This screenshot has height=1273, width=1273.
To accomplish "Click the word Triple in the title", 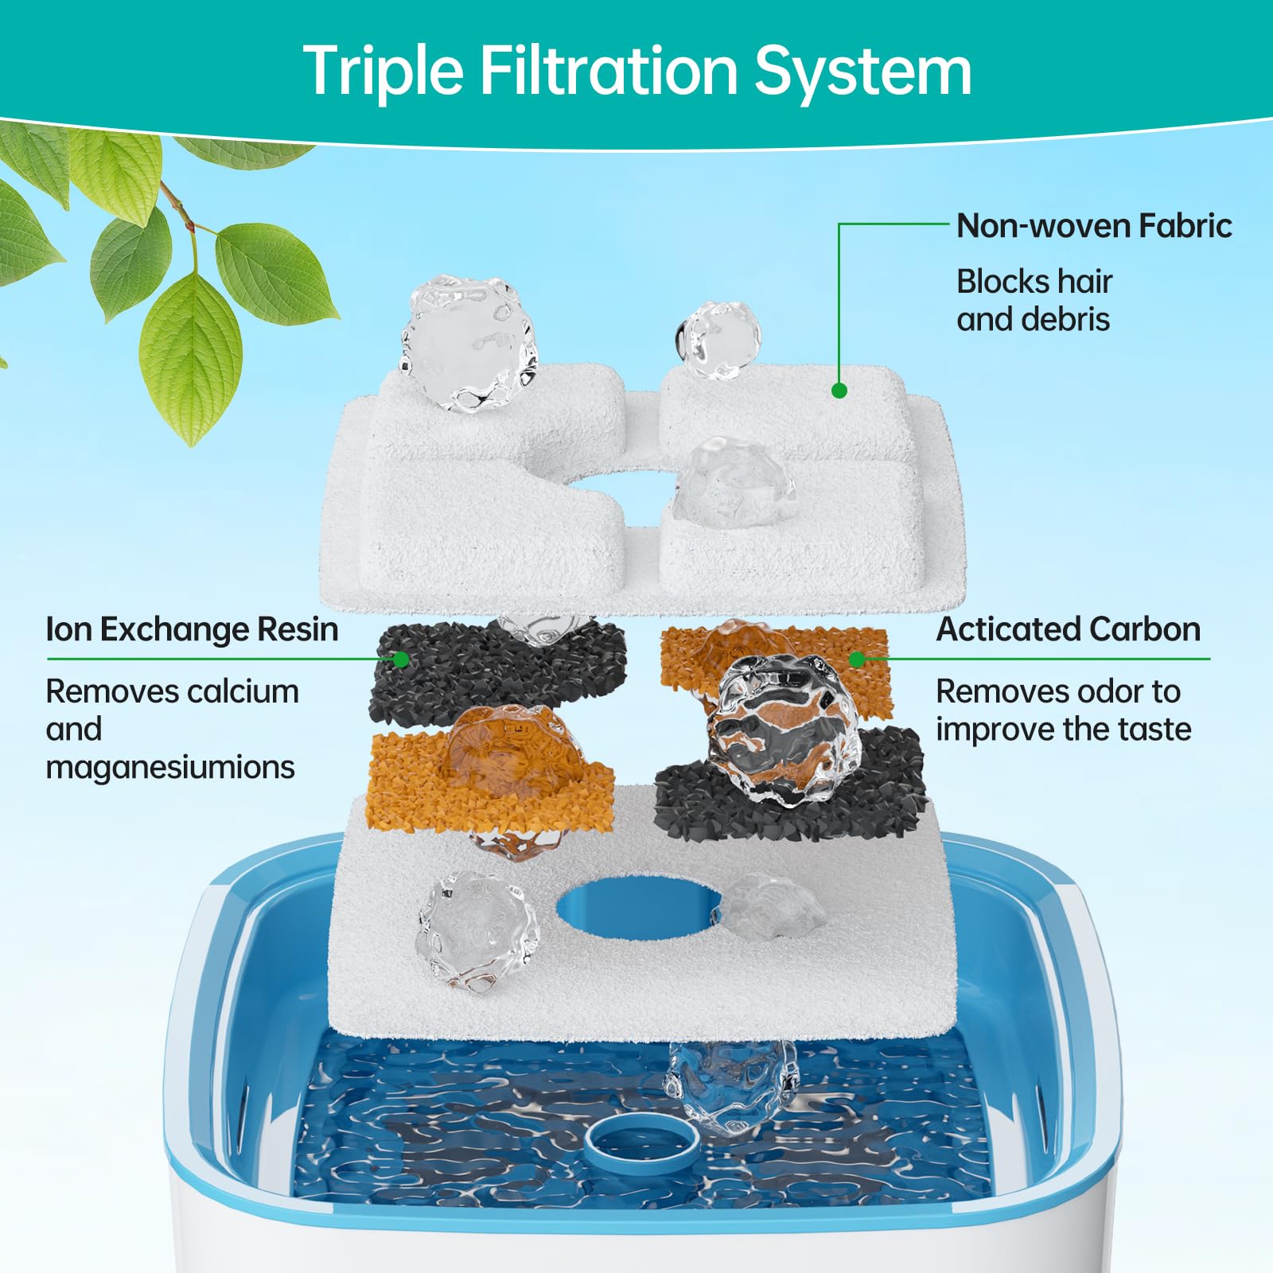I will click(x=383, y=72).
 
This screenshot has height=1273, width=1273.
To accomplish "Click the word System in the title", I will click(x=862, y=72).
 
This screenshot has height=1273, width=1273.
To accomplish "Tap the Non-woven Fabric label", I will click(x=1094, y=226).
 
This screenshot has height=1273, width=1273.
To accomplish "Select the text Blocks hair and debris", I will click(x=1034, y=300).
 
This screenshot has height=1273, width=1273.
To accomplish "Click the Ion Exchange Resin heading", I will click(x=192, y=629).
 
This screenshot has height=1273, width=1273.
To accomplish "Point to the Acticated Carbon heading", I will click(x=1068, y=629).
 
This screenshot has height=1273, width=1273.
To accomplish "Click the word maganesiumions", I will click(x=170, y=767).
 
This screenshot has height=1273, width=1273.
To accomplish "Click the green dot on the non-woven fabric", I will click(x=839, y=390).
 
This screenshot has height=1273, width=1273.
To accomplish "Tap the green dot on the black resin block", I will click(x=402, y=659).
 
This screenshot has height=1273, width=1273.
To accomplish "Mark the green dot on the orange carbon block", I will click(x=857, y=659).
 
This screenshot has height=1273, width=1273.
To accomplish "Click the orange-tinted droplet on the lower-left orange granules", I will click(x=501, y=752).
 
